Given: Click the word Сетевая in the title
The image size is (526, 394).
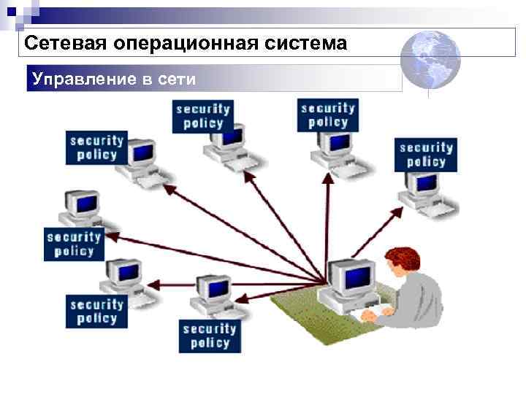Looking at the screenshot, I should (65, 44).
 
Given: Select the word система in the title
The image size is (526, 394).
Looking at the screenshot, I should (306, 44).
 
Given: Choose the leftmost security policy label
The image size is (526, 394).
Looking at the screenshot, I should (74, 243).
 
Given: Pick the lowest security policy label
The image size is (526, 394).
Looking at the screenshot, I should (210, 336).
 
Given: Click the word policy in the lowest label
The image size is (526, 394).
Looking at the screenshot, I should (210, 343).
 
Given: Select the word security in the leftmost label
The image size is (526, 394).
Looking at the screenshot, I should (74, 236).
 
